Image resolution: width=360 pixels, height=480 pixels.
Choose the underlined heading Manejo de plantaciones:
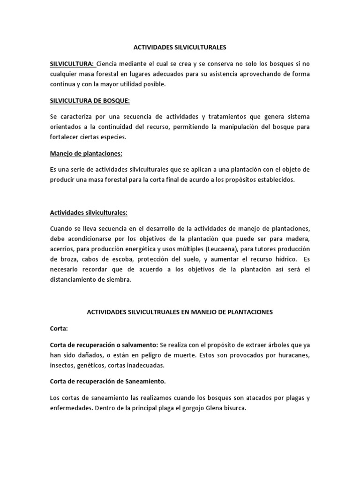tap(86, 153)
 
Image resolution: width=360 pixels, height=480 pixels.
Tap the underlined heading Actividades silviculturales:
tap(89, 212)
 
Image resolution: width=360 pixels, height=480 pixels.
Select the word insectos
tap(62, 365)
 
